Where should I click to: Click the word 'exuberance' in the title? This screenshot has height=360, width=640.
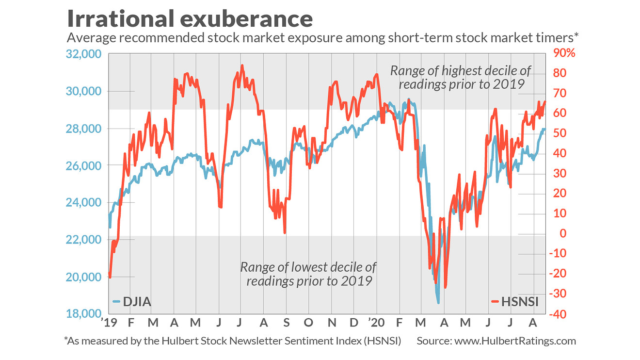246,19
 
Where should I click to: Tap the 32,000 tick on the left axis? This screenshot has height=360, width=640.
83,54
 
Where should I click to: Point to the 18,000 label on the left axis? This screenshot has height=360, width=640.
83,314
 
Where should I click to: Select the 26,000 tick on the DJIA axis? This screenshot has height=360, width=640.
83,165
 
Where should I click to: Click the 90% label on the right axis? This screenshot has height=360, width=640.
564,53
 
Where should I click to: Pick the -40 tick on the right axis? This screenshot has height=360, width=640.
558,314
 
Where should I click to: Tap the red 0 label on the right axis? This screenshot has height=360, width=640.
563,233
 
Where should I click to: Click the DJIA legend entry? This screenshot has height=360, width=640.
132,302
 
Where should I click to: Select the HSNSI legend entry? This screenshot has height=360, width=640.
515,302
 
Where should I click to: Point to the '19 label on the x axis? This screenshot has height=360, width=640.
109,323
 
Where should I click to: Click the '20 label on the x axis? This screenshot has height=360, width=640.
376,323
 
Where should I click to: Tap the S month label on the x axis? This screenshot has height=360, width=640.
286,323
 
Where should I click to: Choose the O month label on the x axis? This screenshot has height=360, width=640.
308,323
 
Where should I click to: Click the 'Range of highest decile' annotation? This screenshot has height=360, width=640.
461,78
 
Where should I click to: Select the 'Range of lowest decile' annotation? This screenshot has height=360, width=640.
308,274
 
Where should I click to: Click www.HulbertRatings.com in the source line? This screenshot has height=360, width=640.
515,341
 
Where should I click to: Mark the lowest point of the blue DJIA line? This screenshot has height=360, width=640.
438,303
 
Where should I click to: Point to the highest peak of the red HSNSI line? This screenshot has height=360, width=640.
242,65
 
